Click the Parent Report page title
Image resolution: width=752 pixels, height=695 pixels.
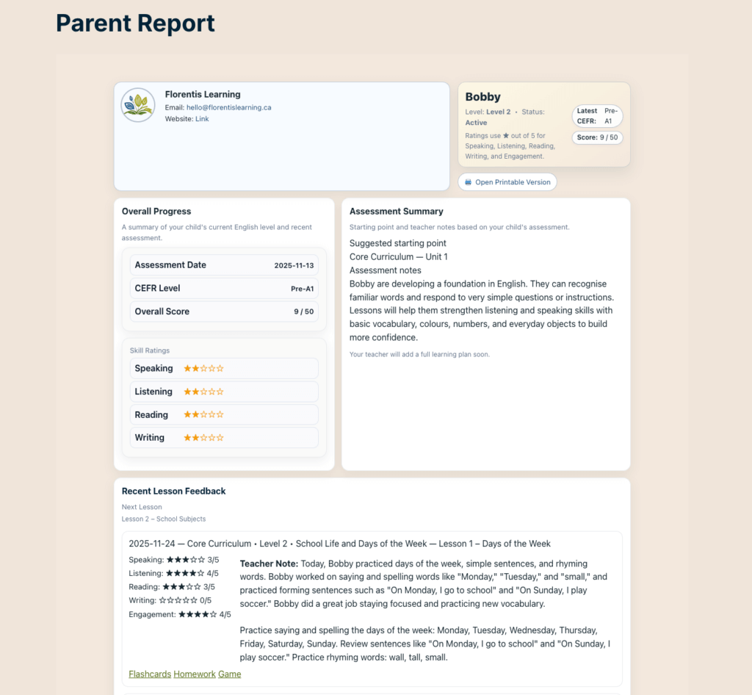click(135, 24)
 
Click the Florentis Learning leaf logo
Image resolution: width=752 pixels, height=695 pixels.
click(138, 105)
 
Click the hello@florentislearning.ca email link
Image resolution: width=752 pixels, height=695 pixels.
click(228, 107)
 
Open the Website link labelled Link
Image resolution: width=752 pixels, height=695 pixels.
click(202, 119)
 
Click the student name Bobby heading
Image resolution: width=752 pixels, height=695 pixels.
click(482, 97)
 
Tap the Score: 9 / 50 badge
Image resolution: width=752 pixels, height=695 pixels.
click(597, 137)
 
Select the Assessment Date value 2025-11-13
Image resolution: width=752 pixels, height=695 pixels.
click(294, 265)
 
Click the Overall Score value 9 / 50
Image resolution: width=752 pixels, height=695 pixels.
click(303, 312)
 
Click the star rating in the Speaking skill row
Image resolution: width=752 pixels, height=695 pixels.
click(203, 369)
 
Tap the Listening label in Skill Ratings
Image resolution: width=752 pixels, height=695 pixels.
click(153, 392)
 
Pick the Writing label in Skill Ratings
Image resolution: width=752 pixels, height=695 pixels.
click(149, 438)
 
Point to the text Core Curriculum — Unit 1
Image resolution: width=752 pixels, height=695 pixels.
click(398, 257)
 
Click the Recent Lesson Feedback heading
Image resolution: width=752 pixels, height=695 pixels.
click(173, 491)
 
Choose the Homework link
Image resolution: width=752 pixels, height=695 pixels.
click(195, 674)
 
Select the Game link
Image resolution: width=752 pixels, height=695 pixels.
click(229, 674)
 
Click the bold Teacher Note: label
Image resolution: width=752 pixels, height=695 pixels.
click(269, 563)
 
